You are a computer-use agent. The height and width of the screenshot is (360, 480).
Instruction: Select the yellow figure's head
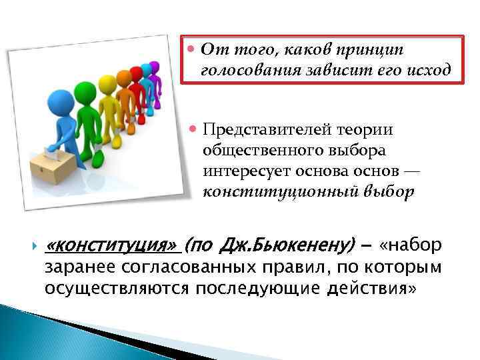tap(107, 83)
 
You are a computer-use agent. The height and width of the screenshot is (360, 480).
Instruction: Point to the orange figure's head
tap(124, 78)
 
